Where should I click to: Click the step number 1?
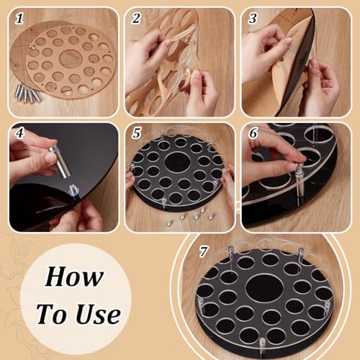(x=19, y=18)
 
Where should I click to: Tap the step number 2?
(x=136, y=18)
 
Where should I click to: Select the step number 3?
(x=253, y=18)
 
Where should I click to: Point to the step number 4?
(x=19, y=132)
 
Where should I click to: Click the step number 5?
(x=136, y=132)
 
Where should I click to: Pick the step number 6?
(x=253, y=132)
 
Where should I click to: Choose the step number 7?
(x=203, y=252)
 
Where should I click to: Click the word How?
(x=74, y=276)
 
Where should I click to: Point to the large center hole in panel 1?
(x=70, y=58)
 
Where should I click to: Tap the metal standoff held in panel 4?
(x=59, y=161)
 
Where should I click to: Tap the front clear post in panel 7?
(x=262, y=346)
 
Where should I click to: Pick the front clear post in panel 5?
(x=164, y=203)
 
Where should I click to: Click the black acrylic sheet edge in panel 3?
(x=297, y=63)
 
